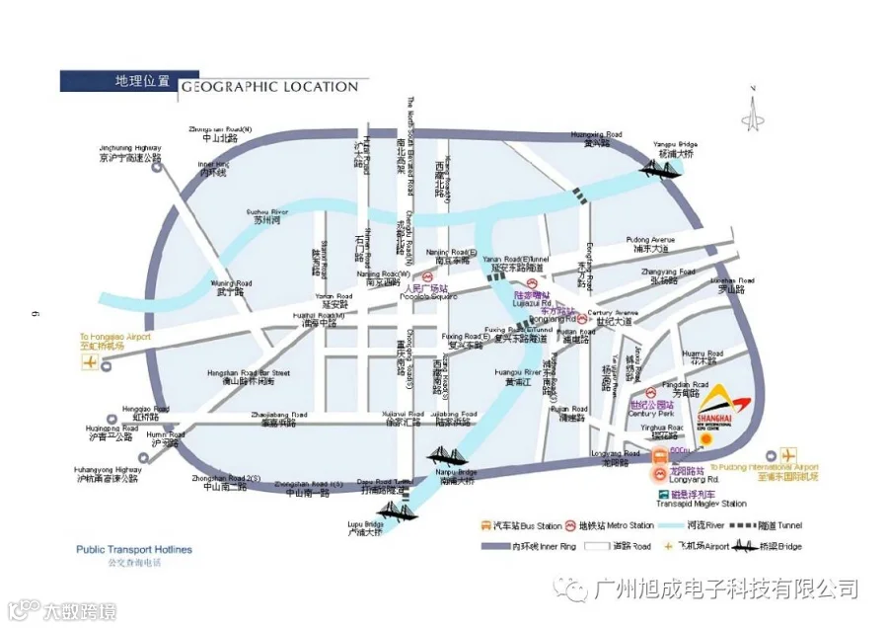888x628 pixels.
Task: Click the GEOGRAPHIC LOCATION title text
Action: click(268, 86)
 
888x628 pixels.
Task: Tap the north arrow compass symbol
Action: click(755, 108)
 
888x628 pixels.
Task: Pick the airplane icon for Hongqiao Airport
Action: click(92, 363)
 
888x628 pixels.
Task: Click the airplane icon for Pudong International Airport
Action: click(788, 455)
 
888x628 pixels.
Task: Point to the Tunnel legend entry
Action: click(774, 525)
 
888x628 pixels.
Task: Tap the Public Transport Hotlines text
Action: click(134, 550)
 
